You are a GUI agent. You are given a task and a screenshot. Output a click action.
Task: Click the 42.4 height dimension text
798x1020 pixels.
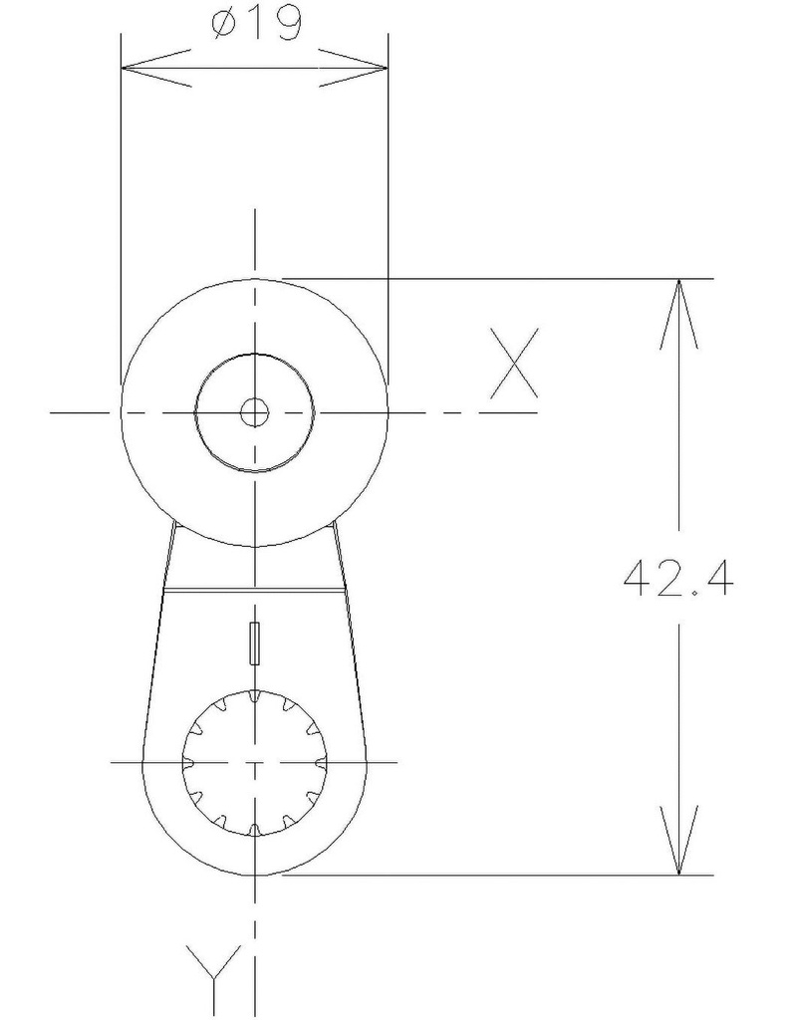click(x=678, y=578)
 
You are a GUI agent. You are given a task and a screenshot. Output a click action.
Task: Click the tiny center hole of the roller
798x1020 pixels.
click(x=255, y=411)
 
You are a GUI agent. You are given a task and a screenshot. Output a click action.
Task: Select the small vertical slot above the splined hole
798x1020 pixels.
click(x=255, y=642)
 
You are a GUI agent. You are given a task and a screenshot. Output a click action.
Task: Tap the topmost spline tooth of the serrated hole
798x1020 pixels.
click(x=255, y=694)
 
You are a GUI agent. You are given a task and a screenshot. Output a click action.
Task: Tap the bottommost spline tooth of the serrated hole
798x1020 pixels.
click(x=255, y=830)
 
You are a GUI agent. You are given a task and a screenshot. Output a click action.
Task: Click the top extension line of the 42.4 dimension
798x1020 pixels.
click(x=498, y=278)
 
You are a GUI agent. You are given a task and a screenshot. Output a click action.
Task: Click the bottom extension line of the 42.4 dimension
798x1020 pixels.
click(x=498, y=876)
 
